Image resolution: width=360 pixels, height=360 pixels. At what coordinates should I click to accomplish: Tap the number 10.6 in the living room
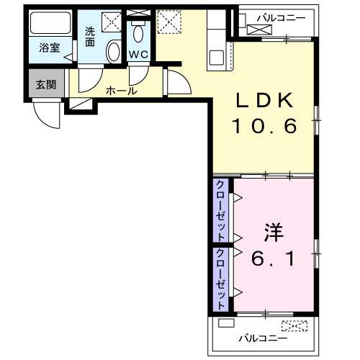point(264,127)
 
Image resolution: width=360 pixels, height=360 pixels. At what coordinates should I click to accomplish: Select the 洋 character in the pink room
point(273,234)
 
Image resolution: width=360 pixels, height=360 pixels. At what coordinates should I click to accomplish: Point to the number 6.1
point(273,258)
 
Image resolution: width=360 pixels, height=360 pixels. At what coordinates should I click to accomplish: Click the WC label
point(138,55)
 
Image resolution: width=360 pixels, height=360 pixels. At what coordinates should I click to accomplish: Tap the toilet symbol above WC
point(139,33)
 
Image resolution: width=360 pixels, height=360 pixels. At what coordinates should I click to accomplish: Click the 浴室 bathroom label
point(50,49)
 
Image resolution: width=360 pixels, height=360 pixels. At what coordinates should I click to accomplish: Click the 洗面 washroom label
point(90,36)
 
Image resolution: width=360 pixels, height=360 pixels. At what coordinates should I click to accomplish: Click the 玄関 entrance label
point(46,84)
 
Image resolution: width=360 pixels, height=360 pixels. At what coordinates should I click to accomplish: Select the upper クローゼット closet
point(220,210)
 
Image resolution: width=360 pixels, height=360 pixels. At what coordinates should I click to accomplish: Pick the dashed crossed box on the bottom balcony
point(294,325)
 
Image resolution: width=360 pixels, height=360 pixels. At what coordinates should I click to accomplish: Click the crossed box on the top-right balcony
point(260,30)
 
